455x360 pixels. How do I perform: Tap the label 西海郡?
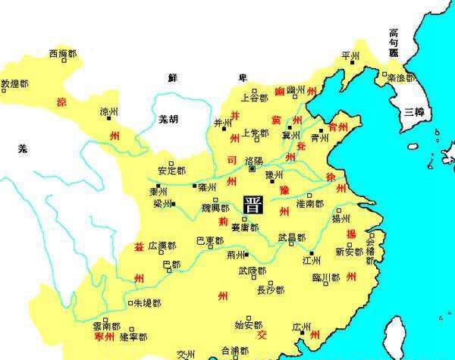click(63, 54)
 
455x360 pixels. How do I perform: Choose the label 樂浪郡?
click(400, 77)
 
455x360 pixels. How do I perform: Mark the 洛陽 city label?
click(255, 161)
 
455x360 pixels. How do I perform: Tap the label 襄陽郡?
click(245, 227)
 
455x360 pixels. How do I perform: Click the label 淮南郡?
click(309, 204)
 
